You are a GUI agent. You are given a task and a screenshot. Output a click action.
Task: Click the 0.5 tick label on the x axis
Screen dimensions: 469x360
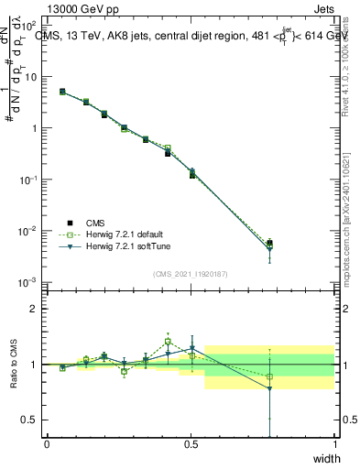click(x=191, y=443)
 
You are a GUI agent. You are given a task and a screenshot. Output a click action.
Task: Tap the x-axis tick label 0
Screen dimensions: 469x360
click(x=47, y=443)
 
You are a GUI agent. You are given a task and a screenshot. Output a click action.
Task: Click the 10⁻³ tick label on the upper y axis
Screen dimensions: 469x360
click(x=29, y=281)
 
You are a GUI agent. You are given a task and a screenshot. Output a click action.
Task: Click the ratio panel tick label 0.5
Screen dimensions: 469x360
click(x=29, y=420)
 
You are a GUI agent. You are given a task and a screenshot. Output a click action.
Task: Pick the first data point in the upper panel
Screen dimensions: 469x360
click(x=62, y=92)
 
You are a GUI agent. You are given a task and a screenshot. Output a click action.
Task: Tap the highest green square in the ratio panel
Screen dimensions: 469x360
click(x=168, y=342)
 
